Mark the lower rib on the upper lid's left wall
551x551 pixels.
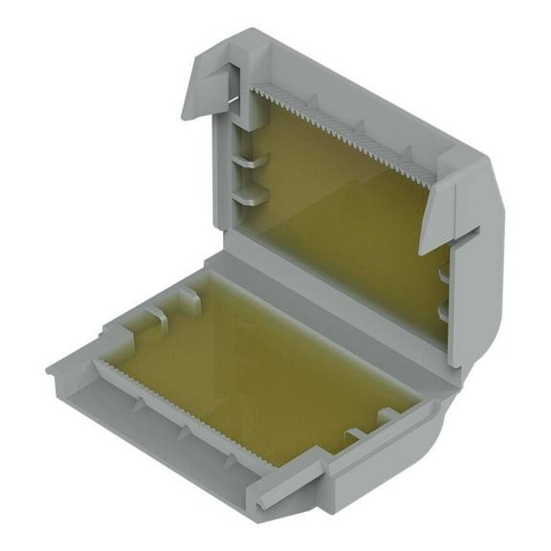tap(246, 195)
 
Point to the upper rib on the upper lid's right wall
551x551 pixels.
tap(443, 277)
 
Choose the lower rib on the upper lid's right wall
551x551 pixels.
tap(443, 312)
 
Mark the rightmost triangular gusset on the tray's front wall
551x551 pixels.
tap(230, 461)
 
